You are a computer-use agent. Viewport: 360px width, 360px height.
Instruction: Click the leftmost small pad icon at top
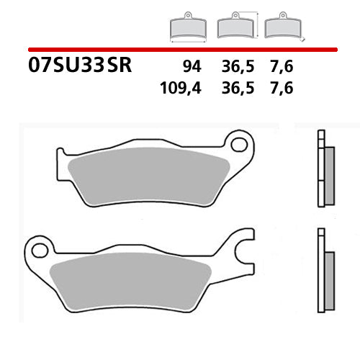pos(185,27)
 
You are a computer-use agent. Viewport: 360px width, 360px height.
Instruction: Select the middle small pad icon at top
pos(234,26)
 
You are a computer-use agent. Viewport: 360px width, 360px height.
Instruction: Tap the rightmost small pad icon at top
pos(282,27)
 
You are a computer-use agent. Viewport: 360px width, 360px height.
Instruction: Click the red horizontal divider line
pos(180,49)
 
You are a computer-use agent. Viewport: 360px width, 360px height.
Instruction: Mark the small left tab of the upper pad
pos(61,153)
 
